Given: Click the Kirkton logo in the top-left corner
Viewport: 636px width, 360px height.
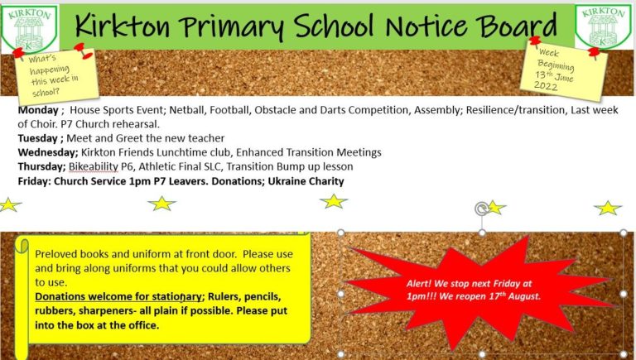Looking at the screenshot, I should (29, 27).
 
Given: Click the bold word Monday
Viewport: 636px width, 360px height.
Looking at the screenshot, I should (36, 108).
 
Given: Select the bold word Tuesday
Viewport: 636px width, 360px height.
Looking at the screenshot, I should (36, 137).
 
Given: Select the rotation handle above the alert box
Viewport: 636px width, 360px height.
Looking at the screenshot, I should (481, 209).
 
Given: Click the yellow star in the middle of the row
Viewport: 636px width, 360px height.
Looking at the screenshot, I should (333, 201).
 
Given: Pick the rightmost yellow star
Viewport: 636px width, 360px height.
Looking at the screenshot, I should (608, 208).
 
